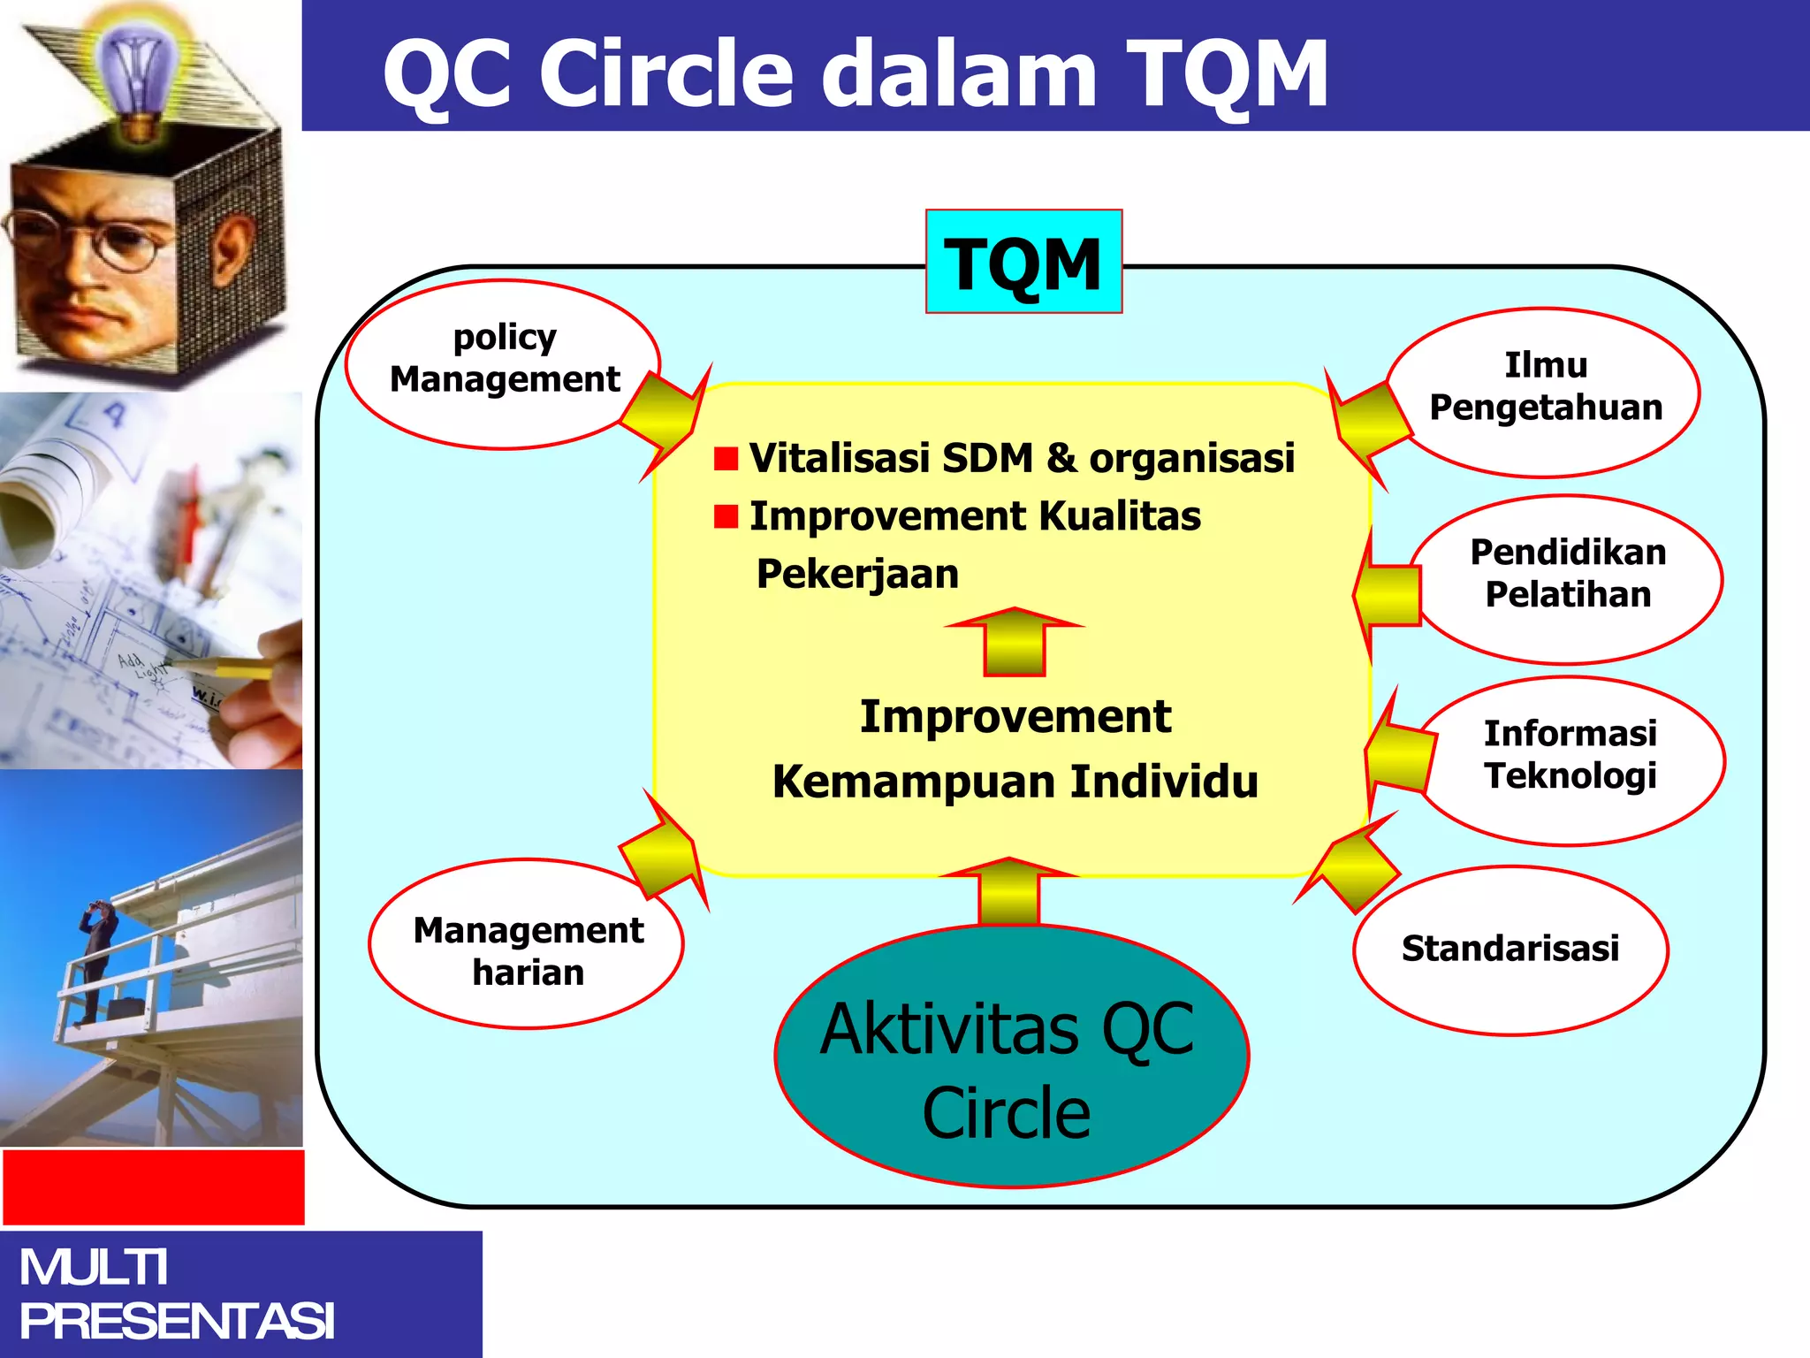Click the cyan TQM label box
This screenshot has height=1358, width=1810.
coord(1023,262)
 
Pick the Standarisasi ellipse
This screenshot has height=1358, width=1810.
coord(1510,950)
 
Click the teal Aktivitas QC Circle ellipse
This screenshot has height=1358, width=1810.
coord(1010,1057)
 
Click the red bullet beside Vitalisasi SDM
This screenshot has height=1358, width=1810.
coord(726,459)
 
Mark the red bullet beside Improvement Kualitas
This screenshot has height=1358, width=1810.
coord(726,516)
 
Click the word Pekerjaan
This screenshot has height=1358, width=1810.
coord(857,575)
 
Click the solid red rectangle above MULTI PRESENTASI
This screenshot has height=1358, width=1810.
coord(153,1186)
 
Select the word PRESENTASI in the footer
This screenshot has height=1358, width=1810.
coord(177,1321)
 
